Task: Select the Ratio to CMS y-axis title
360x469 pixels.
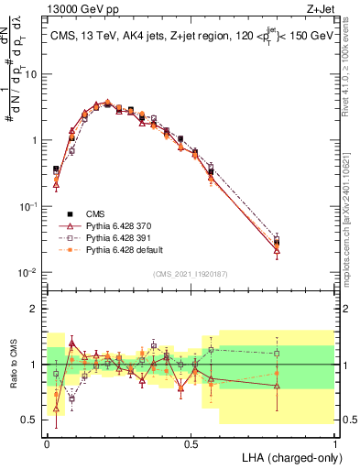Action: (14, 365)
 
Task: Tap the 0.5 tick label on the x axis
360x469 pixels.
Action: (191, 442)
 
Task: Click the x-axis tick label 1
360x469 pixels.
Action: (335, 442)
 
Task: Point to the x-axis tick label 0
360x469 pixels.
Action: (47, 442)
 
